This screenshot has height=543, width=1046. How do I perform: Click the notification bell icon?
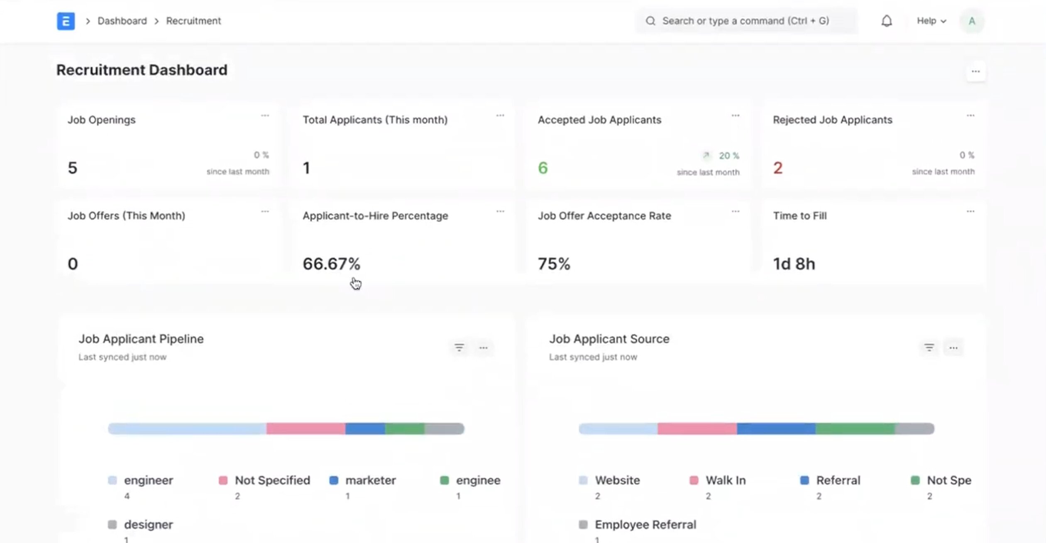click(x=886, y=21)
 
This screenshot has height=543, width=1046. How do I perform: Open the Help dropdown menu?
click(x=931, y=21)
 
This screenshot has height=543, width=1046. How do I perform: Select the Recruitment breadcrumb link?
click(x=193, y=21)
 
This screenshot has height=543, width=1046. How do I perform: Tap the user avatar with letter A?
click(x=972, y=21)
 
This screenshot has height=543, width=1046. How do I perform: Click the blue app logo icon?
click(x=66, y=21)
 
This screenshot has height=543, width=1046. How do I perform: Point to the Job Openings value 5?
click(x=73, y=168)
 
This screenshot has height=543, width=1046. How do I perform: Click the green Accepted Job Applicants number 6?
click(x=543, y=168)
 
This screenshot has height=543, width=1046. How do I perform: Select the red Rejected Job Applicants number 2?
click(x=777, y=168)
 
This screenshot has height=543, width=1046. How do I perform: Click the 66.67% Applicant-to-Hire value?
click(x=331, y=264)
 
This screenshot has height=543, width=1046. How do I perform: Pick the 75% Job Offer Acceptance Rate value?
click(x=554, y=264)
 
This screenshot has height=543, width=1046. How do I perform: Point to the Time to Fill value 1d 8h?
click(x=794, y=264)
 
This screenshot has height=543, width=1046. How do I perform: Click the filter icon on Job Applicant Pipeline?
click(x=459, y=347)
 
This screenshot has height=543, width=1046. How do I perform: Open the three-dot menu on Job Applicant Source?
click(x=953, y=348)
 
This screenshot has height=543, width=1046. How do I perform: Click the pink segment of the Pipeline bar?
click(x=305, y=428)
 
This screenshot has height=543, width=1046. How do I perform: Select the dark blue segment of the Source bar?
click(x=776, y=428)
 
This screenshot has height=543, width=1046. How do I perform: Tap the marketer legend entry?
click(x=370, y=480)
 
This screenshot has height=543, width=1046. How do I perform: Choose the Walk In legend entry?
click(x=725, y=480)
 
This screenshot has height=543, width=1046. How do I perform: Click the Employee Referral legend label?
click(x=645, y=524)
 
